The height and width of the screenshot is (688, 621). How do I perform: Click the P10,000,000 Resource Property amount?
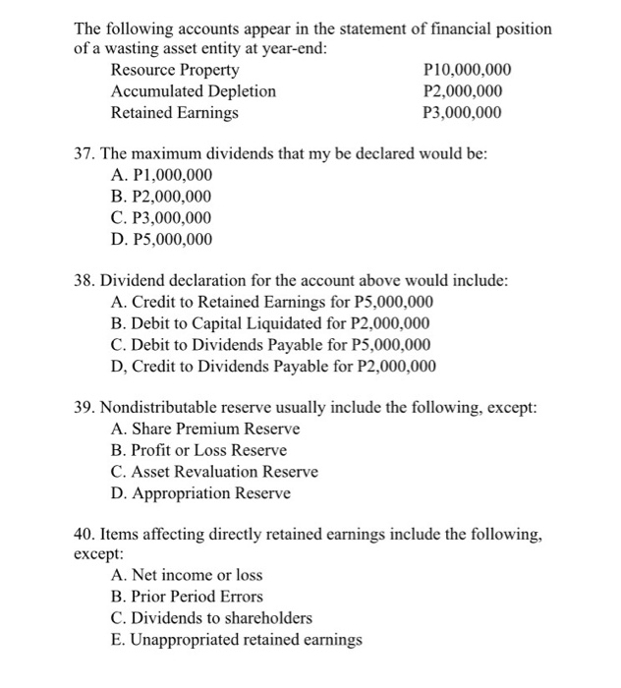[465, 70]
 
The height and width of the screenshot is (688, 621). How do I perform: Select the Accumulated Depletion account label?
[193, 91]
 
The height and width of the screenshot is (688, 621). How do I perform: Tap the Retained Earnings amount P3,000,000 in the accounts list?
[461, 113]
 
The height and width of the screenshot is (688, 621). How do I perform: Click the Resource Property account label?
[174, 70]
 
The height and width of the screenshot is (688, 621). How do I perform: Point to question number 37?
[85, 154]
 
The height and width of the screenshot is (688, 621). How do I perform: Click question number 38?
[85, 280]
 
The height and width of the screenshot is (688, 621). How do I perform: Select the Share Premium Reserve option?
[205, 430]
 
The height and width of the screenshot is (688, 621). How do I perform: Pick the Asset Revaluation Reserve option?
[214, 472]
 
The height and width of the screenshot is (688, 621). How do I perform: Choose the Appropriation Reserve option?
[200, 492]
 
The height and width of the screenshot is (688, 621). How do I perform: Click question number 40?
[85, 534]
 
